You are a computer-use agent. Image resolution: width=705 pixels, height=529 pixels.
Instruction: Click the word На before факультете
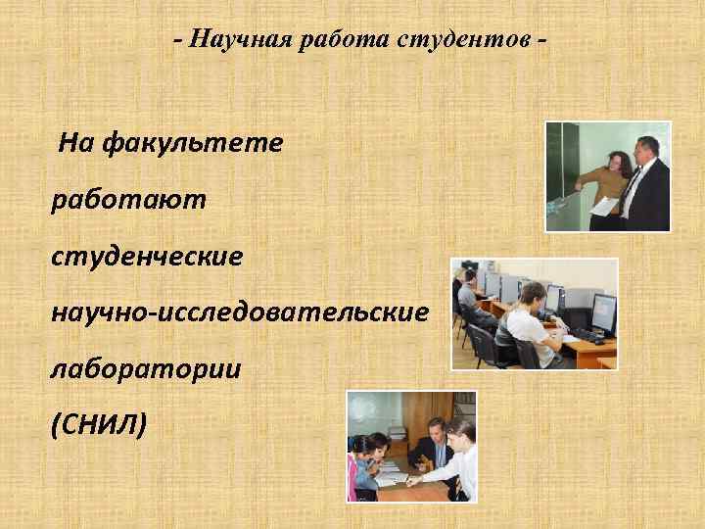(x=76, y=144)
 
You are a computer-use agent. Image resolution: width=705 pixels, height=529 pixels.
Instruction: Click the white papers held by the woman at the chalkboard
(x=606, y=205)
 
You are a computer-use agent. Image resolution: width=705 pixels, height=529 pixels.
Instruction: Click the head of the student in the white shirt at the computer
(x=533, y=294)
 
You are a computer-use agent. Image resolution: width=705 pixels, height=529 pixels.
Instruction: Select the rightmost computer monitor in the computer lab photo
(x=603, y=311)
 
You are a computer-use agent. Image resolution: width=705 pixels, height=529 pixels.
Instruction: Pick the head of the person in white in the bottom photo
(x=463, y=432)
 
